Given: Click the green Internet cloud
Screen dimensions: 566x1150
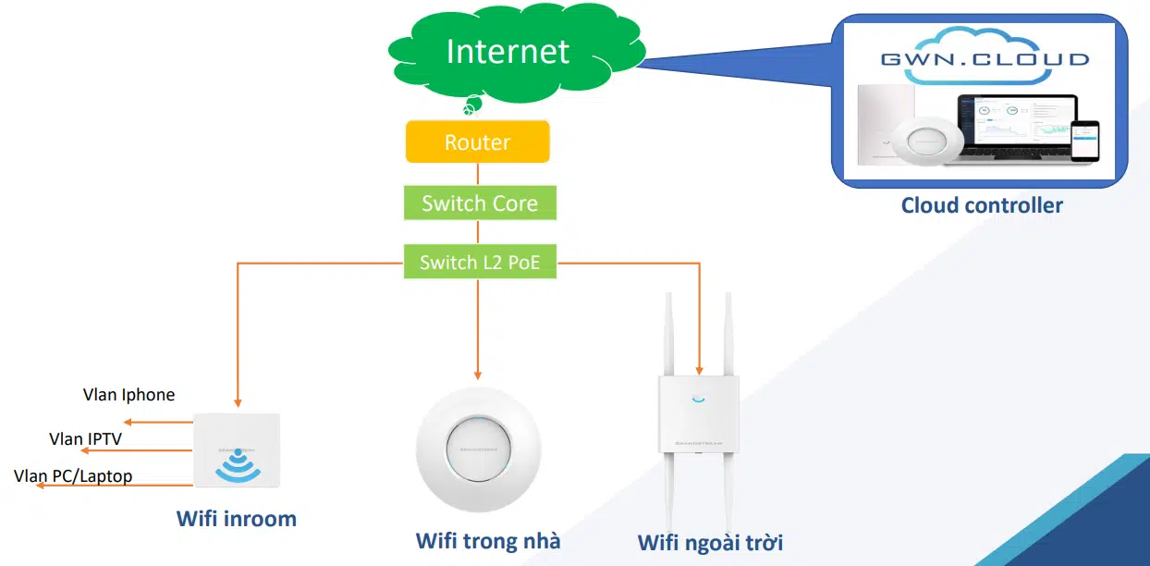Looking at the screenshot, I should [508, 52].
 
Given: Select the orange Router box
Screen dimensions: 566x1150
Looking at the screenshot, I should [477, 142].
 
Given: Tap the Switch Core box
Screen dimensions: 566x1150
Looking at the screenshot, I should [479, 203].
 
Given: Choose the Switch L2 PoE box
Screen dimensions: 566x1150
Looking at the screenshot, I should [479, 263].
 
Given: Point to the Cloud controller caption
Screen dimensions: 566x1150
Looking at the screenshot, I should [982, 205].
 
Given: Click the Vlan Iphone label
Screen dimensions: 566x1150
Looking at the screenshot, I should [128, 395].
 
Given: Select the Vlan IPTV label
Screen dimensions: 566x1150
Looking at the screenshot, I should [85, 438].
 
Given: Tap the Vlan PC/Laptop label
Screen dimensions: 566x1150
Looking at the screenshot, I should [73, 476].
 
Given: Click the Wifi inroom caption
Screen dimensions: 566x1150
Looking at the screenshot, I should [237, 519].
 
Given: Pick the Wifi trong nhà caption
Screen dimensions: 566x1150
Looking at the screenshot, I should [487, 540].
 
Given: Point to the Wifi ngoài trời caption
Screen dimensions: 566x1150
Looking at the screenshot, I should [710, 542].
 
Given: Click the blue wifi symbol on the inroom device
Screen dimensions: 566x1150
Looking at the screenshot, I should [238, 464].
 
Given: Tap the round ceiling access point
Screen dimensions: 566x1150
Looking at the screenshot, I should [478, 449].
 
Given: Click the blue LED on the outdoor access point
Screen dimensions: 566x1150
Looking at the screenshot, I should [698, 400].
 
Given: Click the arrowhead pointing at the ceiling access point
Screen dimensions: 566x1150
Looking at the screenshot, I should [478, 374].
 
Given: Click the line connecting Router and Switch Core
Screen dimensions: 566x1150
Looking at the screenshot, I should [478, 175].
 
